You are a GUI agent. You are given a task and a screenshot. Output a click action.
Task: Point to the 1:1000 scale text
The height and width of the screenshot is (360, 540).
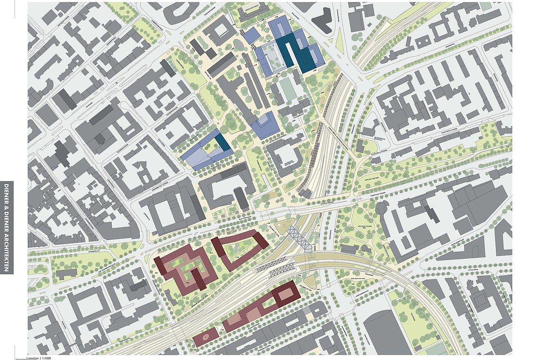pyautogui.click(x=45, y=358)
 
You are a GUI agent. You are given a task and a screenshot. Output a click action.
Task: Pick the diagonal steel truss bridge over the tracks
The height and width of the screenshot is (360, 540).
pyautogui.click(x=299, y=239)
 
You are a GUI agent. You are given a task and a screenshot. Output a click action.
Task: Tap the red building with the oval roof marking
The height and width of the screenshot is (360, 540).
pyautogui.click(x=206, y=337)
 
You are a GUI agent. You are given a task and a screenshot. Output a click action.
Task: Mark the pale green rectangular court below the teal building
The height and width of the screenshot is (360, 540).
pyautogui.click(x=287, y=89)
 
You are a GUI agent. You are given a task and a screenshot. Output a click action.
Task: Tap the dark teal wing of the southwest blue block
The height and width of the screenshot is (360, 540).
pyautogui.click(x=223, y=142)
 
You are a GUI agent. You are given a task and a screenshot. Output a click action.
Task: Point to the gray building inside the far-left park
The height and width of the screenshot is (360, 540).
pyautogui.click(x=66, y=273)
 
